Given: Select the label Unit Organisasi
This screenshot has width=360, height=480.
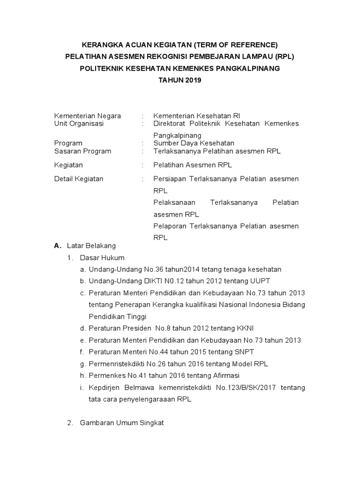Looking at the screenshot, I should coord(79,124).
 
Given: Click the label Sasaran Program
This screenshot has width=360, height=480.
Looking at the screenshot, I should coord(83,151).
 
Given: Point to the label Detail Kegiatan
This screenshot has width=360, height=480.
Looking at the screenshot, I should coord(79,179).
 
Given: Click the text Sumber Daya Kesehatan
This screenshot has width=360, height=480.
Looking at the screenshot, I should coord(194,143).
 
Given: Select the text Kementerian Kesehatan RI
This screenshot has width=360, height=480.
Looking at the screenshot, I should coord(197,116).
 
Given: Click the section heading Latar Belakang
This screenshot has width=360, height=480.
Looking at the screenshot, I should coord(91,245).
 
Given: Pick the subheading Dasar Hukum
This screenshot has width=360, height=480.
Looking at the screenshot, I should coord(102,257).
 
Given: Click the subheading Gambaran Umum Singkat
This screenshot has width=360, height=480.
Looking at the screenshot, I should coord(121,423).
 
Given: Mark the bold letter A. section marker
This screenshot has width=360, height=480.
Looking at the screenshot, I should coord(57,246).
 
